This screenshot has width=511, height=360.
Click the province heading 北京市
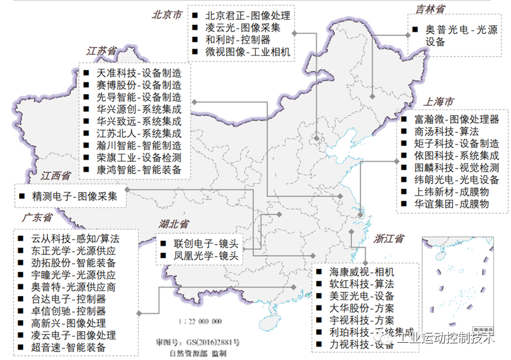pos(168,14)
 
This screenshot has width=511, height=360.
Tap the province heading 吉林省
pos(430,9)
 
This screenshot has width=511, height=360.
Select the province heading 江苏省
pos(101,52)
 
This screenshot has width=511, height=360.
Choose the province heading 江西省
pos(56,176)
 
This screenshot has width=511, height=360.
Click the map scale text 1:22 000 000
pos(200,322)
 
